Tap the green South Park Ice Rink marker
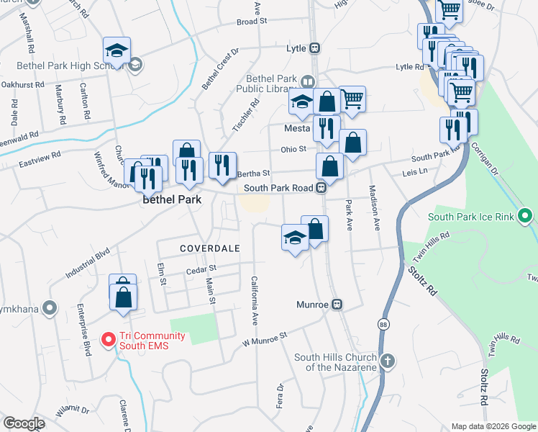pyautogui.click(x=526, y=215)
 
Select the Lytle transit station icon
pyautogui.click(x=314, y=48)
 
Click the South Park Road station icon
pyautogui.click(x=323, y=187)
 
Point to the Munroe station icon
pyautogui.click(x=336, y=305)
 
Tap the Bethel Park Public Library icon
pyautogui.click(x=309, y=81)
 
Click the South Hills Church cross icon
pyautogui.click(x=387, y=360)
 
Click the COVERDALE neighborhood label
pyautogui.click(x=209, y=248)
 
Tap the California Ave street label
pyautogui.click(x=254, y=300)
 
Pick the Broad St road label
pyautogui.click(x=252, y=22)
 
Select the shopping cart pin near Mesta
pyautogui.click(x=352, y=99)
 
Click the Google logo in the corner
pyautogui.click(x=24, y=423)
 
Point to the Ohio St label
pyautogui.click(x=293, y=149)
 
